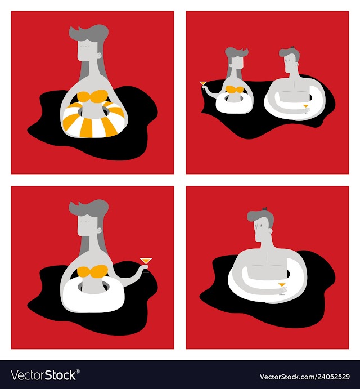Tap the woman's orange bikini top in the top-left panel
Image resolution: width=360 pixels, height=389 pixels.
point(92,97)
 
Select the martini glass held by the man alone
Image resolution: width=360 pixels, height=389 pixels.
point(282,288)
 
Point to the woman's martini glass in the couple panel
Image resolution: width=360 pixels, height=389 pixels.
point(203,85)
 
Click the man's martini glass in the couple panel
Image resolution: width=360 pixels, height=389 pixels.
point(306,109)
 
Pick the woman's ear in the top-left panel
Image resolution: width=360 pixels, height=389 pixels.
point(100,55)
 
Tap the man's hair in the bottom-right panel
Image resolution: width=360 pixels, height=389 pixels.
point(261,217)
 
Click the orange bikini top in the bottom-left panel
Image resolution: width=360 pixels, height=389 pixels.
point(92,271)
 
